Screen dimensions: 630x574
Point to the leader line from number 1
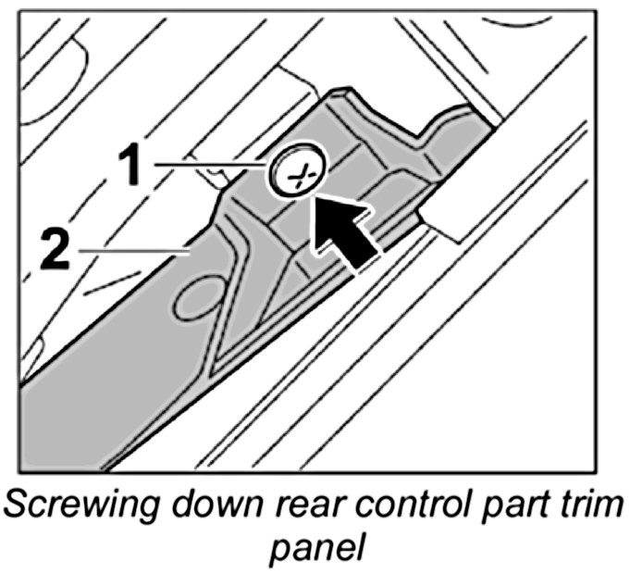click(x=209, y=164)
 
